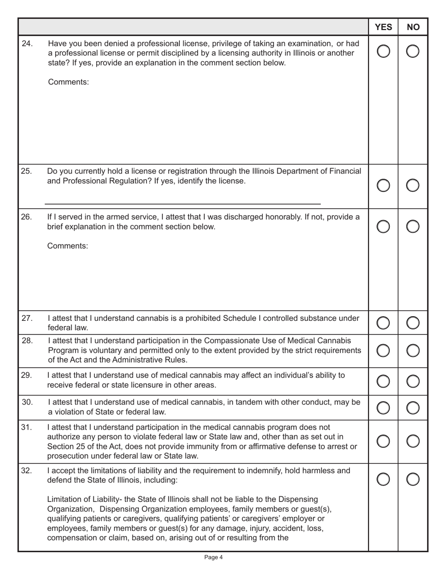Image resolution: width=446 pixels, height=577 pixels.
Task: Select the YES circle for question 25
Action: coord(383,186)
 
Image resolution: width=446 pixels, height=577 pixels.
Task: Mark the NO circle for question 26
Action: coord(413,227)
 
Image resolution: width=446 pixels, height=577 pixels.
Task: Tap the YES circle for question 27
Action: coord(383,323)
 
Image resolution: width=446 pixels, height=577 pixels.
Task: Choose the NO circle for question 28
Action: coord(413,351)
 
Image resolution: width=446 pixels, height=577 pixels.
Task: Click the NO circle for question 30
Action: coord(413,408)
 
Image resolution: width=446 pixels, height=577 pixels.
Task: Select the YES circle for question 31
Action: coord(383,441)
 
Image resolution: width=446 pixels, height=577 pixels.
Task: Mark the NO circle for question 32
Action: coord(413,479)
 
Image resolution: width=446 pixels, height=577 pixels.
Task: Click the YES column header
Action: coord(384,27)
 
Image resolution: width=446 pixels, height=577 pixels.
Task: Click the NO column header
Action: coord(413,27)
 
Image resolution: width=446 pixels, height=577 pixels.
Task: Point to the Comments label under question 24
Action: coord(68,82)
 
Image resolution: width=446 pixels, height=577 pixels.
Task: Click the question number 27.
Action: coord(27,319)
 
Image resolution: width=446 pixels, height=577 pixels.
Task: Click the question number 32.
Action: coord(27,471)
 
